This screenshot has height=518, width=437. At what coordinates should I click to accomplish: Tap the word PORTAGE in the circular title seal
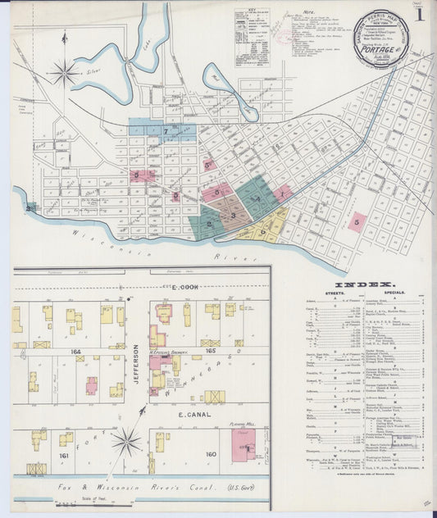coord(373,48)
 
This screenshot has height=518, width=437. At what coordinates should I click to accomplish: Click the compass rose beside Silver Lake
coord(64,74)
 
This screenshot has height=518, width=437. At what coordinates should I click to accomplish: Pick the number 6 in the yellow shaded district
coord(262,231)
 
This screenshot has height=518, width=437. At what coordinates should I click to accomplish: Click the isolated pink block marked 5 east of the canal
coord(357,221)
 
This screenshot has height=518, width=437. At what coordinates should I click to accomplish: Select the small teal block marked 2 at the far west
coord(30,208)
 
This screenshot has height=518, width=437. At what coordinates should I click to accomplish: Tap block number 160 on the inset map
coord(210,453)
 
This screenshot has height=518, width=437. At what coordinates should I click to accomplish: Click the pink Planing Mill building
coord(244,443)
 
